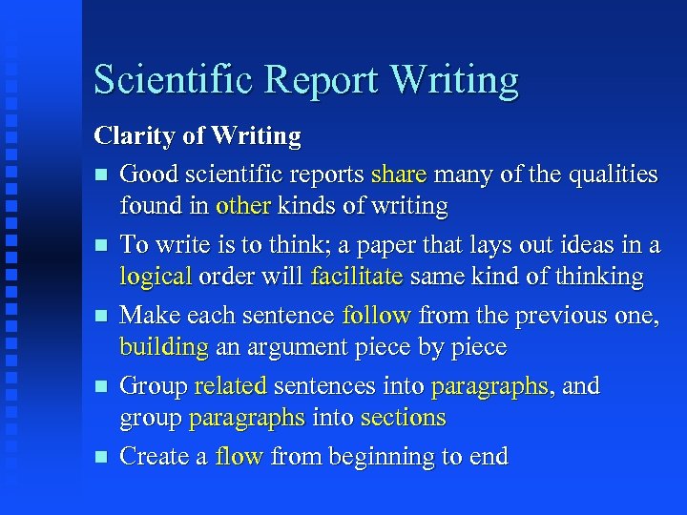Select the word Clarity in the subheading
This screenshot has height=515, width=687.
[x=133, y=137]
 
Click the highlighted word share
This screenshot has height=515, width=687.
[x=399, y=174]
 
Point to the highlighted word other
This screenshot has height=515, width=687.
[x=242, y=206]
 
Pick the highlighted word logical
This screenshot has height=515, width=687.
[x=156, y=277]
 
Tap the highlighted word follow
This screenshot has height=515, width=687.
[x=377, y=315]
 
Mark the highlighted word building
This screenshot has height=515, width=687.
[x=163, y=347]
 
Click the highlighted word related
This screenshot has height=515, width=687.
[x=231, y=385]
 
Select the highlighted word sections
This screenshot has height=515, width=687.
[x=403, y=418]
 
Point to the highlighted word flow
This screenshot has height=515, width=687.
[x=239, y=456]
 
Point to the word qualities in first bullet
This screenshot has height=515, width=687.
[x=611, y=174]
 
